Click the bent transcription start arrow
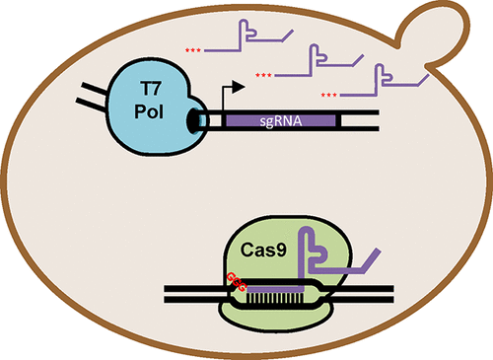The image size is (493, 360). pos(214,95)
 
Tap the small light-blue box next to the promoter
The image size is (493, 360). pos(202,120)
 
